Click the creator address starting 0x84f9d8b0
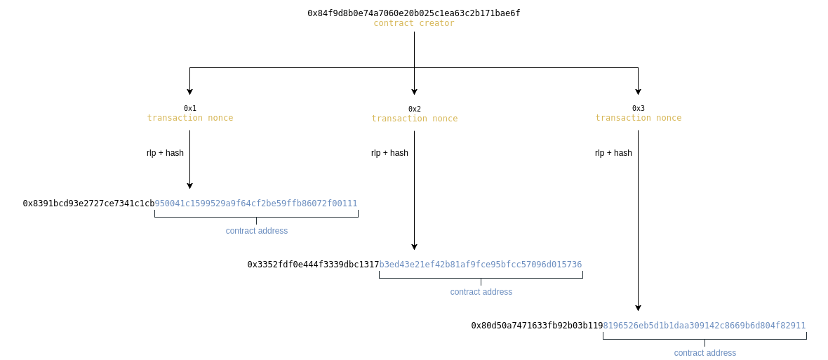(414, 13)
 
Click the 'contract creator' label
(414, 23)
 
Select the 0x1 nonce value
(190, 108)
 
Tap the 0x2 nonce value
(415, 109)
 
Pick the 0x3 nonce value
(639, 108)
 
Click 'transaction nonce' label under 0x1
(190, 118)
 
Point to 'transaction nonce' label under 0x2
(415, 119)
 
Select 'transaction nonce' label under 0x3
(639, 118)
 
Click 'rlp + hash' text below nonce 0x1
(165, 153)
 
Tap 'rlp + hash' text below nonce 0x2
(389, 153)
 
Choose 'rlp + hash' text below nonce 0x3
(613, 153)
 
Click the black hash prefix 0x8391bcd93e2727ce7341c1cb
(88, 204)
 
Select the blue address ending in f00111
(256, 204)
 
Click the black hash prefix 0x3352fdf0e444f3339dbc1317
(313, 265)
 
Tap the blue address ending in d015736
(481, 265)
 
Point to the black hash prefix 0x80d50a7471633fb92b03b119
(537, 326)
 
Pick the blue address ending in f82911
(705, 326)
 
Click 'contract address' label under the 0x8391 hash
(257, 231)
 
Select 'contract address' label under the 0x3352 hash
(481, 292)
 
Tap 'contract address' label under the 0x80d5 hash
(705, 353)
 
